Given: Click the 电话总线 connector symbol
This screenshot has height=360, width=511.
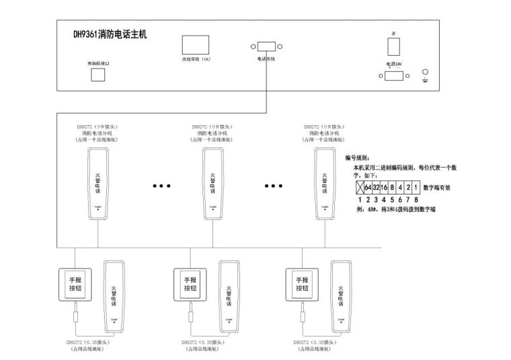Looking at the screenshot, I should coord(266,47).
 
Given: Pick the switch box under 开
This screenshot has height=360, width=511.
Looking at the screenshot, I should coord(393,46).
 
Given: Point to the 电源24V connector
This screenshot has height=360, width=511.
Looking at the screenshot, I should coord(393,75).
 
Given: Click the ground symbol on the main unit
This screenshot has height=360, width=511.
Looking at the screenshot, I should coord(424,75).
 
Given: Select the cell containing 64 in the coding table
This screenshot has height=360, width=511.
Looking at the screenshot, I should coord(368,186).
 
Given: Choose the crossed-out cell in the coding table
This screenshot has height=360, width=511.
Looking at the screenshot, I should coord(359,186).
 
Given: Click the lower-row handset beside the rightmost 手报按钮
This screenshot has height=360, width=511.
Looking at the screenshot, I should coord(340,297).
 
